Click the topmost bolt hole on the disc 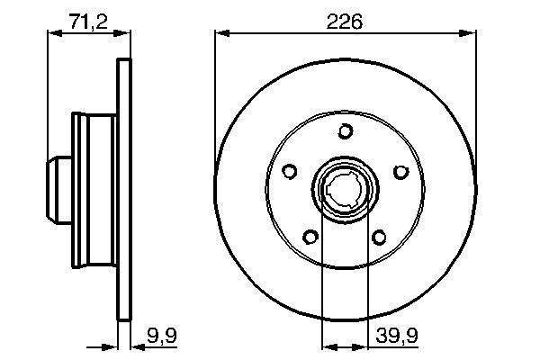(x=345, y=132)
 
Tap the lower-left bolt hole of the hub (x=310, y=238)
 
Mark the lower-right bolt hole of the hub (x=379, y=238)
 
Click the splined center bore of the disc (x=345, y=191)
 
